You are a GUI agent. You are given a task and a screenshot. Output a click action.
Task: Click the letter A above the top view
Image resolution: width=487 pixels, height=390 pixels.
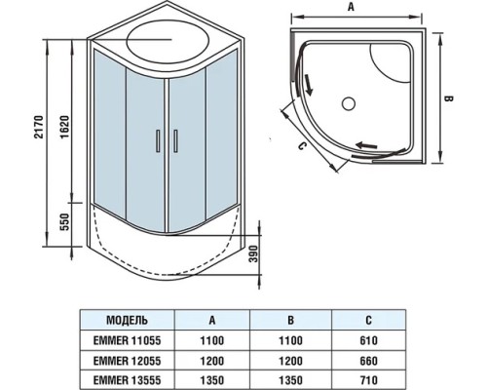tap(365, 9)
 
